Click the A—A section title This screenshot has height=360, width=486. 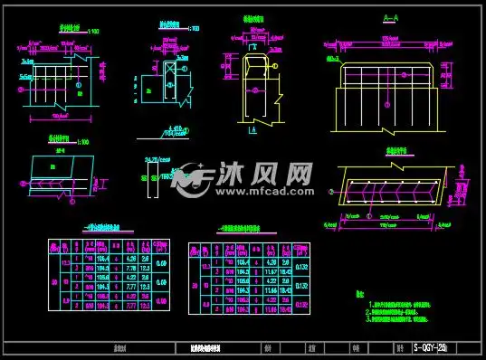coord(391,18)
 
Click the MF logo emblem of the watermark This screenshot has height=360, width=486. coord(190,177)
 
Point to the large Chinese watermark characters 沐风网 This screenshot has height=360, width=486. coord(262,172)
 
